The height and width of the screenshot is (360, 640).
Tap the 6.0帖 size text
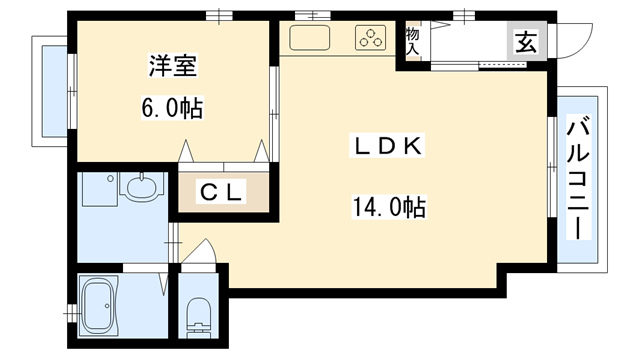(x=173, y=107)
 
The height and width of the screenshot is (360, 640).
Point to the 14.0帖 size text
(x=388, y=207)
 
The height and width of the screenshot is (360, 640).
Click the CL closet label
(x=222, y=193)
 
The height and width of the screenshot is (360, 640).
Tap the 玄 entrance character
(x=525, y=43)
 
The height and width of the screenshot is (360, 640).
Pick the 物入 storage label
(x=411, y=41)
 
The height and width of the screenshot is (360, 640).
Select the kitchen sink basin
(x=310, y=39)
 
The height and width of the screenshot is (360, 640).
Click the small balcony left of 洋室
(x=50, y=90)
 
